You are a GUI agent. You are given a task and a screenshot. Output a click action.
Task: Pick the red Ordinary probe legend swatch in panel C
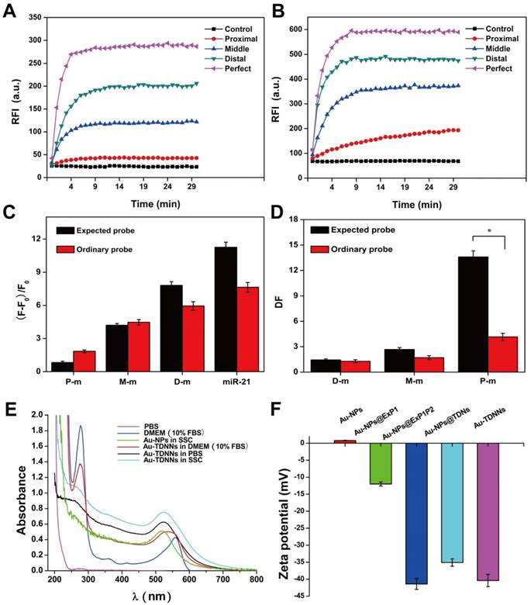pos(69,248)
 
